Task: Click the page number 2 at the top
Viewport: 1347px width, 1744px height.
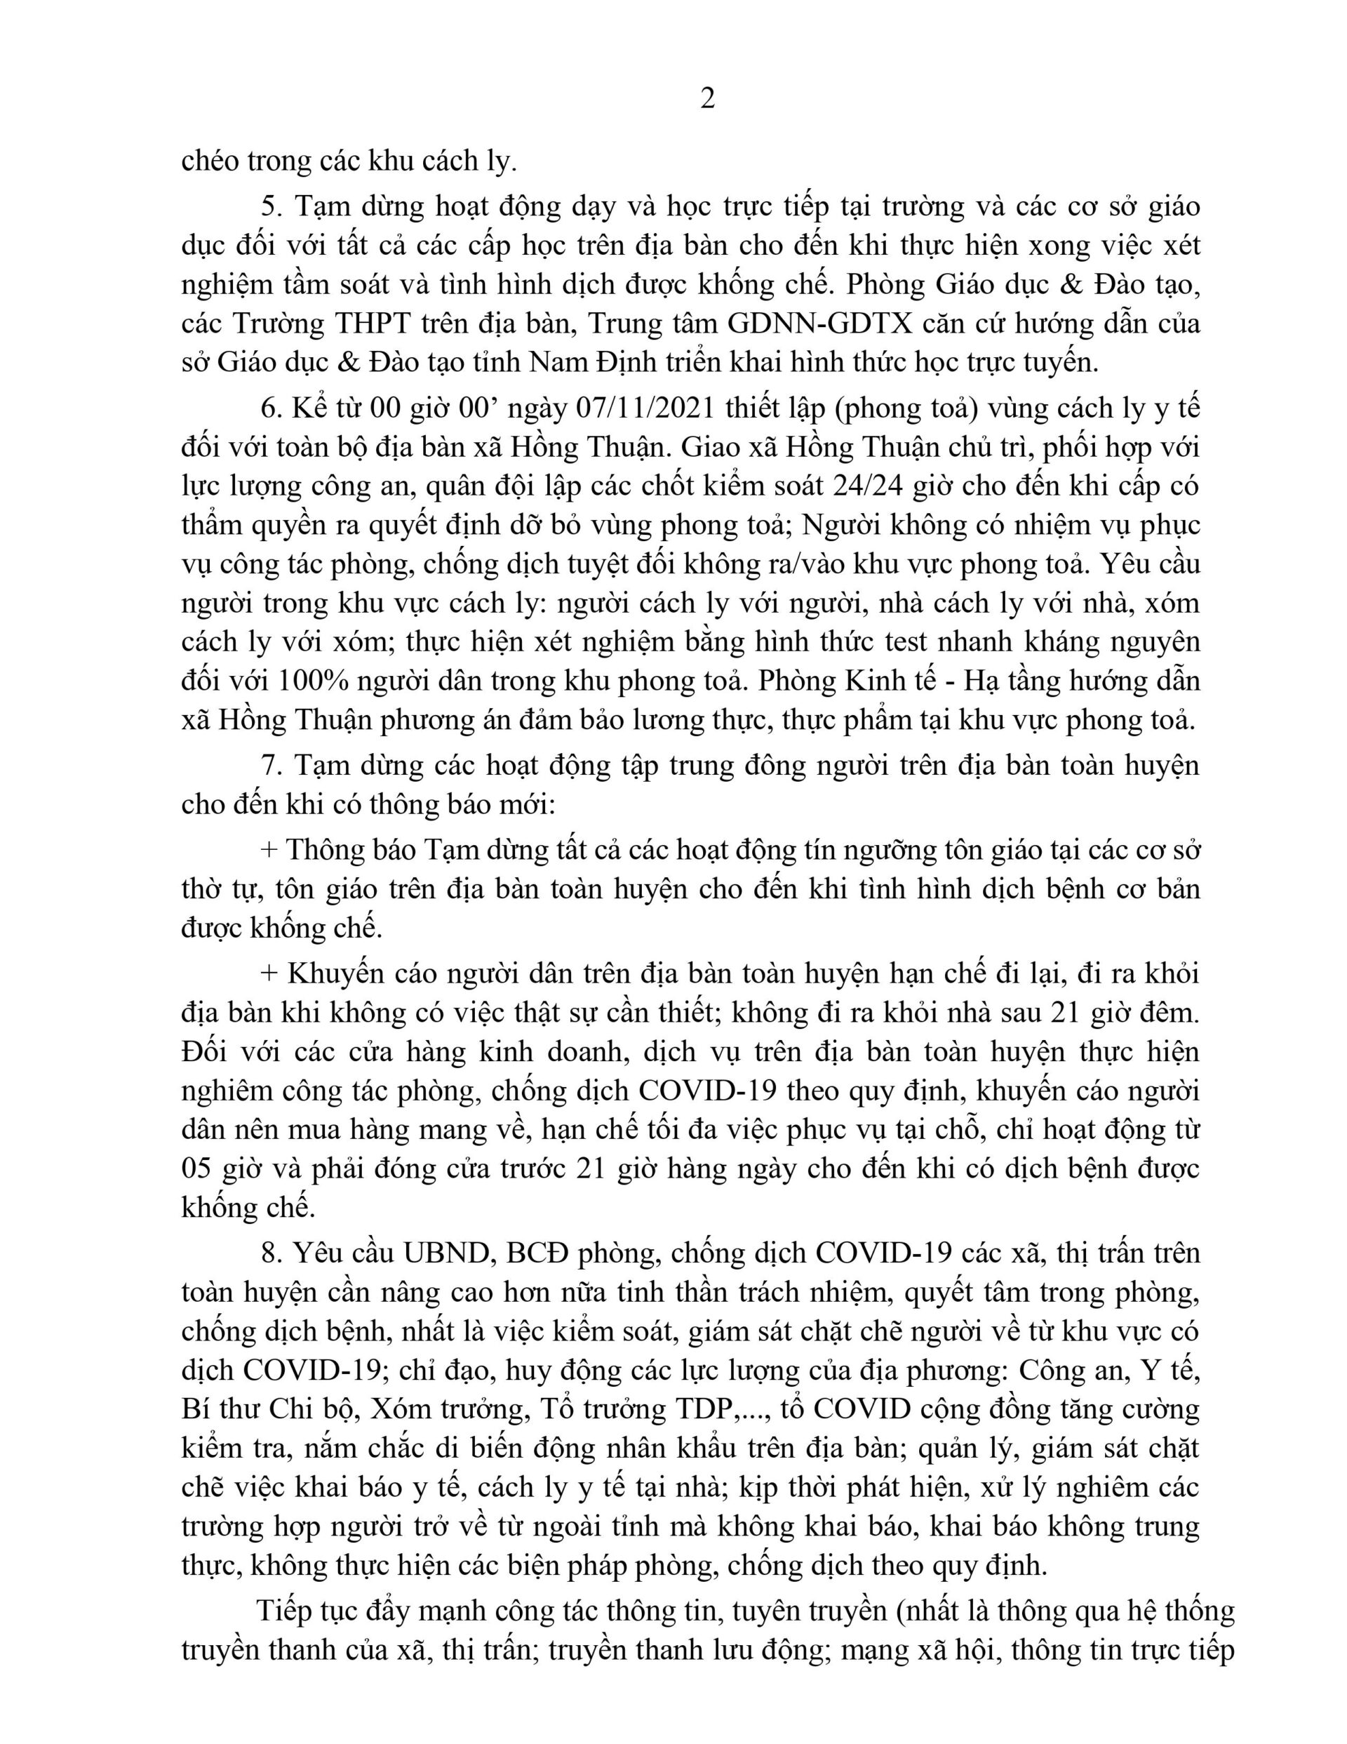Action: [706, 98]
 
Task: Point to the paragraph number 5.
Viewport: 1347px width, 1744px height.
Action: [273, 207]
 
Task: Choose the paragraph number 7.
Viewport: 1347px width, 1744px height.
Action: [273, 766]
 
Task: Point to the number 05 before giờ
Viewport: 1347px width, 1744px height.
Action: [198, 1169]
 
